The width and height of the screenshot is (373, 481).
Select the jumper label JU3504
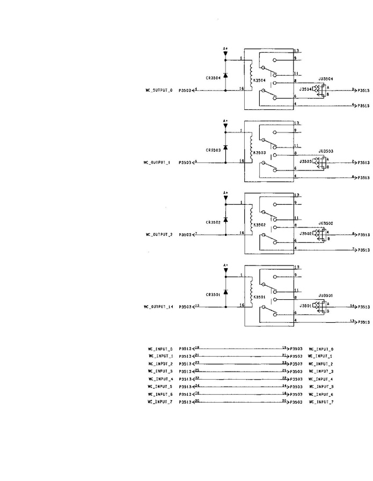tap(326, 79)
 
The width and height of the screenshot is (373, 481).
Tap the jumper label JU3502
tap(326, 223)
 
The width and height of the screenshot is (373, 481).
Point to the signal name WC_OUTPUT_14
tap(158, 307)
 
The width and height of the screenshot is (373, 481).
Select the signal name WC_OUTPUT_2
tap(159, 234)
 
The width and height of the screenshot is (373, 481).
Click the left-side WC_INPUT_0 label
tap(160, 349)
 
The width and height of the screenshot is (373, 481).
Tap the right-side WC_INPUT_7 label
tap(321, 402)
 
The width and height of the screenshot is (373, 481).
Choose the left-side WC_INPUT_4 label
tap(160, 379)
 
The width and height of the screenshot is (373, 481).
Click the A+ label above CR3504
tap(226, 48)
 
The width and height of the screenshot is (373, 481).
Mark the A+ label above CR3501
tap(226, 265)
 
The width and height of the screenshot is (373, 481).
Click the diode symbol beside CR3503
tap(226, 147)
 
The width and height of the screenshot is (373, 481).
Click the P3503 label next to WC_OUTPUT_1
tap(185, 162)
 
